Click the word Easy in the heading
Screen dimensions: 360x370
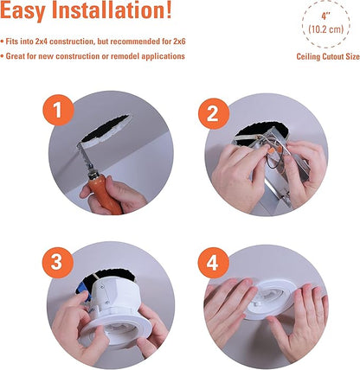pos(22,10)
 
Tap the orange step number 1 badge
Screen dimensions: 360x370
pos(58,111)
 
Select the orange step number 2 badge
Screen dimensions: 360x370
pos(214,113)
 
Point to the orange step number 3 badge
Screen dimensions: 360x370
pos(57,263)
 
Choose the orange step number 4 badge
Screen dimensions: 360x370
pos(213,263)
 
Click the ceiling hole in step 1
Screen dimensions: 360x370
pos(106,129)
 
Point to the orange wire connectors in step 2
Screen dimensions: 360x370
pos(274,150)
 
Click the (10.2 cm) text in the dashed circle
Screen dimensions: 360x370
pos(326,29)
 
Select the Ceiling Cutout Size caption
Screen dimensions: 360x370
pos(328,57)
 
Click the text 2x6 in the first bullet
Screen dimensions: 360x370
pos(179,41)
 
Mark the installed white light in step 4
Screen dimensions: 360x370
pos(270,300)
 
